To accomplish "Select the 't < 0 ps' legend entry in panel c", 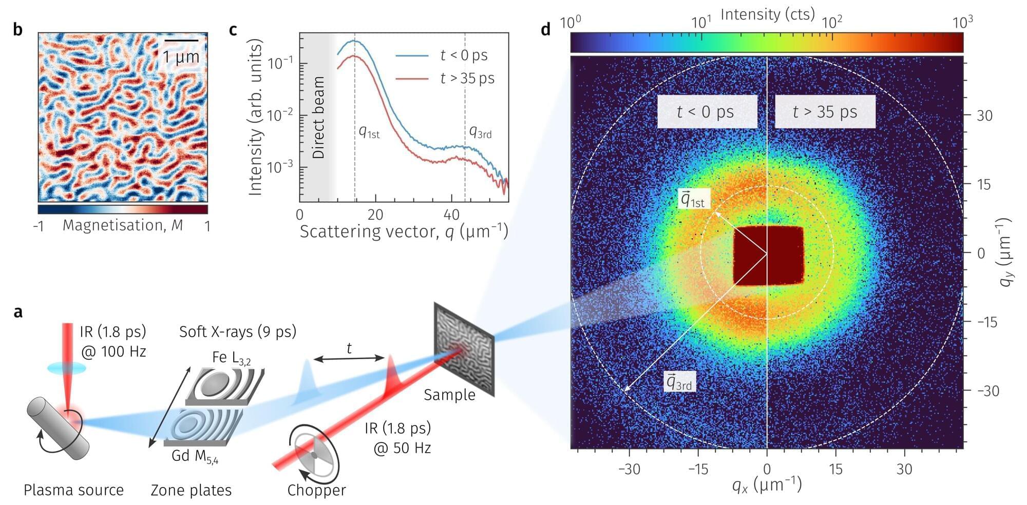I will point(464,55).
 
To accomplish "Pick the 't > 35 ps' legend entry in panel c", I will point(467,78).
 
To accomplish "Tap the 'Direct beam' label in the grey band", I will point(318,118).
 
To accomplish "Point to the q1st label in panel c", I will point(369,132).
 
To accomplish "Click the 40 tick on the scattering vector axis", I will point(451,215).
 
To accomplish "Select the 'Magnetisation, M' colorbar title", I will point(123,225).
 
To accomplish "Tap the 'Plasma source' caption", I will point(73,490).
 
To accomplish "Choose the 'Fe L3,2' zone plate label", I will point(231,357).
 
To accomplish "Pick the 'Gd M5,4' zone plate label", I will point(195,456).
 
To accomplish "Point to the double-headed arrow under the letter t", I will point(349,359).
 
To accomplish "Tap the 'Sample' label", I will point(449,395).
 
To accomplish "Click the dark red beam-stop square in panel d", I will point(768,255).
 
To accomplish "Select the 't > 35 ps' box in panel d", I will point(824,111).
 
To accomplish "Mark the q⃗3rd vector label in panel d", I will point(679,382).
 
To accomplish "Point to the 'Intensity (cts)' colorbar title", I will point(767,14).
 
